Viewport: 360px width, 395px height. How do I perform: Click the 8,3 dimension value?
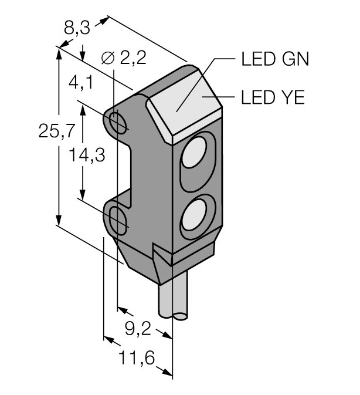tap(77, 28)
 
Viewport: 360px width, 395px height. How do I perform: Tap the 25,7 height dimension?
tap(57, 131)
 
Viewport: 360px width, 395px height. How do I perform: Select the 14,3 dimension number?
tap(87, 155)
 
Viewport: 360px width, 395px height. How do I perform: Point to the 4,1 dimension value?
tap(81, 83)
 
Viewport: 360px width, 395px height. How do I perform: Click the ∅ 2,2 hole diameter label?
tap(124, 58)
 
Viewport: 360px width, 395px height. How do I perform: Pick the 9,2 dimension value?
tap(138, 329)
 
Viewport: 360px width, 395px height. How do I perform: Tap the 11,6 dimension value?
tap(137, 357)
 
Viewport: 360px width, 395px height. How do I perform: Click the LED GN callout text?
tap(275, 59)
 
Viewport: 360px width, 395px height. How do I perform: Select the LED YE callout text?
tap(273, 97)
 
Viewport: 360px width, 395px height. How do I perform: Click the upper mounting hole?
tap(118, 122)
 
